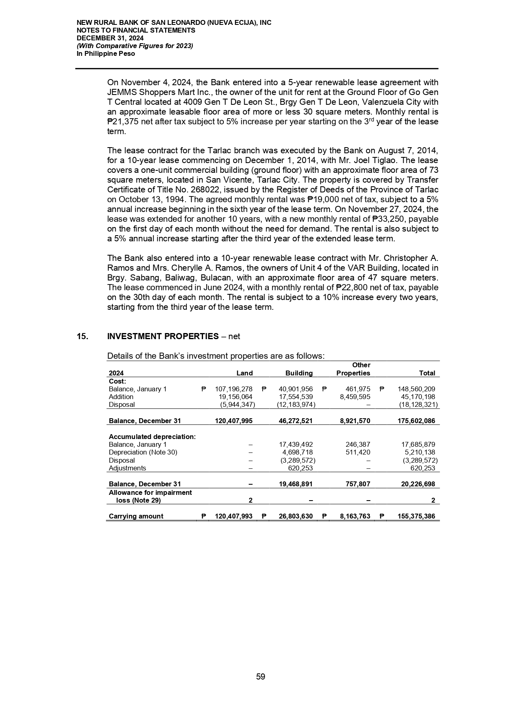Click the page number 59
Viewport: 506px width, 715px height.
point(261,677)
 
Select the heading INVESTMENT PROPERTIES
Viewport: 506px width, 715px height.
point(163,336)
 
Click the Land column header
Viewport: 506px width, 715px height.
point(245,373)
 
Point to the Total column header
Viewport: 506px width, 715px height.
point(427,373)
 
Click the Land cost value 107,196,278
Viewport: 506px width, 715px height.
point(234,389)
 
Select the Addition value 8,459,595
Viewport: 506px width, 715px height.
point(353,397)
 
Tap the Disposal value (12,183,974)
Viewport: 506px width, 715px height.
point(296,405)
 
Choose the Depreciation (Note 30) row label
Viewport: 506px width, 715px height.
point(143,452)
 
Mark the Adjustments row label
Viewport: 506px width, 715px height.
point(127,468)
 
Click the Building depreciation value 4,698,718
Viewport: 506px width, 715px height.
point(297,452)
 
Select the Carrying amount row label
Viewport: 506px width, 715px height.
point(136,516)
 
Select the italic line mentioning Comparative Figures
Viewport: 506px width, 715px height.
point(135,46)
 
